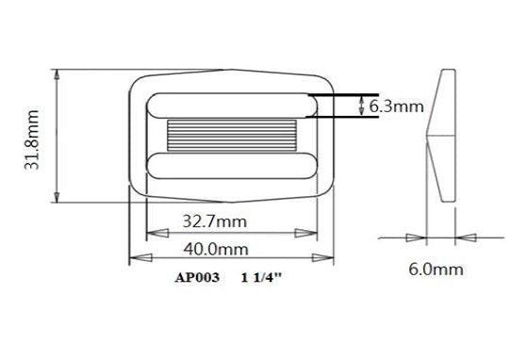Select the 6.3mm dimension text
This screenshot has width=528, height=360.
coord(396,106)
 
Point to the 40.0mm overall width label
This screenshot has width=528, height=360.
coord(215,249)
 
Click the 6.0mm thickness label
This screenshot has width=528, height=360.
coord(436,270)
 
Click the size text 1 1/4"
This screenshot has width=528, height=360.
coord(262,278)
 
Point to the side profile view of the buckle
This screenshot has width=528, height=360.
coord(441,134)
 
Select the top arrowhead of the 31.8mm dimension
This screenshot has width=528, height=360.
coord(58,74)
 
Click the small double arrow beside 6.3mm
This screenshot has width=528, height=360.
coord(362,106)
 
